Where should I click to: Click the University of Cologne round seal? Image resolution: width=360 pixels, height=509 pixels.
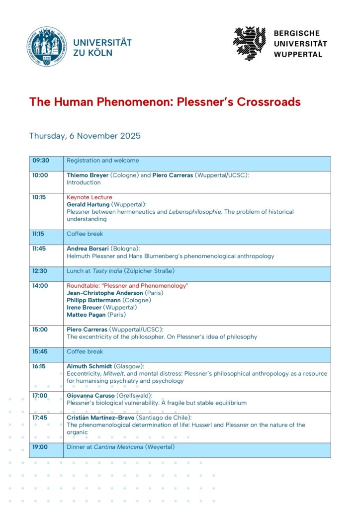(x=47, y=47)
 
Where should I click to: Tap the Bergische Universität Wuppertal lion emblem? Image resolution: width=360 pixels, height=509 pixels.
(x=250, y=43)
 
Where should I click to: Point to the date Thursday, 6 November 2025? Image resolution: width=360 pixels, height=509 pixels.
(x=85, y=136)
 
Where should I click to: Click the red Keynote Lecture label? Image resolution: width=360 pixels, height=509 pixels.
(x=90, y=197)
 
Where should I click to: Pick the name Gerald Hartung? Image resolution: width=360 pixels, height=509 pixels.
(x=88, y=204)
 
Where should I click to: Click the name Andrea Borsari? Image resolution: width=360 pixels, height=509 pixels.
(x=88, y=249)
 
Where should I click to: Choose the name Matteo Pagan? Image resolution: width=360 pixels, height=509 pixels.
(x=87, y=315)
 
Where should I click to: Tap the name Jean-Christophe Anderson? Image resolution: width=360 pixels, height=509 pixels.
(x=104, y=293)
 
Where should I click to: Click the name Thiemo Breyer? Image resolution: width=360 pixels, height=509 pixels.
(x=88, y=175)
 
